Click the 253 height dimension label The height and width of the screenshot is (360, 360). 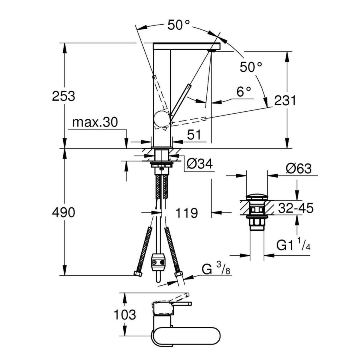click(64, 97)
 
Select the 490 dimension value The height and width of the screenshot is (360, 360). click(64, 213)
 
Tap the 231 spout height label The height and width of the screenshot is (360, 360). click(285, 101)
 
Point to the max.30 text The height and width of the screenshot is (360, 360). click(95, 123)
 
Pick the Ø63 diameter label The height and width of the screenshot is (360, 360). click(298, 169)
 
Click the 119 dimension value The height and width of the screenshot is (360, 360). click(187, 213)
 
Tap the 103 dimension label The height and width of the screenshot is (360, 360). click(125, 314)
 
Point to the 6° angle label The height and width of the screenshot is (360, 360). click(244, 91)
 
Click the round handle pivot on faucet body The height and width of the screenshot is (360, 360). click(162, 118)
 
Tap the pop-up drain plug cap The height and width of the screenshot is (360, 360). click(257, 197)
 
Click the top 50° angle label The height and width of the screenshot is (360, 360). click(178, 25)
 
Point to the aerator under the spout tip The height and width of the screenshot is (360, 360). click(212, 51)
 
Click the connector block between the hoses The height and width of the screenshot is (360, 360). click(158, 262)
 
